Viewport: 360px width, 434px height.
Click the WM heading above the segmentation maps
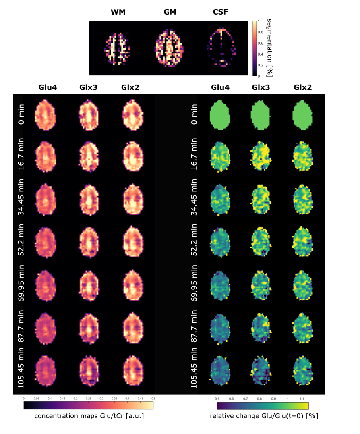click(x=118, y=12)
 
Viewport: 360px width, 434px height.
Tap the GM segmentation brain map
click(x=169, y=48)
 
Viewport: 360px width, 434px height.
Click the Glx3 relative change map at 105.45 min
click(x=262, y=369)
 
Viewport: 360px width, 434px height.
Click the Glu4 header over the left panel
click(x=47, y=87)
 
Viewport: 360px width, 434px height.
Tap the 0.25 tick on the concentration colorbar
click(x=89, y=399)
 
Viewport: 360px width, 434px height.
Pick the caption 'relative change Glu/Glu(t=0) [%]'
click(x=264, y=417)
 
